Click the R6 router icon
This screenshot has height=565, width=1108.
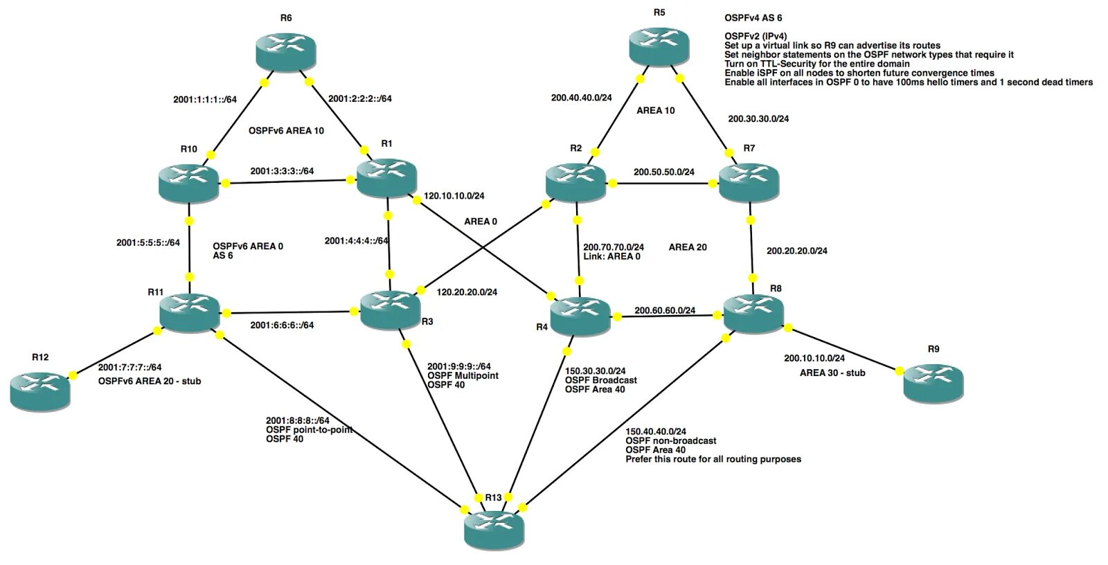(285, 51)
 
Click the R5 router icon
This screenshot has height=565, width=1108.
(659, 46)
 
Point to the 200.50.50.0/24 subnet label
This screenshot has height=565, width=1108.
(663, 172)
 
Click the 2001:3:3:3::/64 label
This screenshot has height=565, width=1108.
(282, 171)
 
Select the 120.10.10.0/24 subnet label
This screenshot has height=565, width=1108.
(454, 196)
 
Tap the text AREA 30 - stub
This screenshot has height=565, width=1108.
(832, 373)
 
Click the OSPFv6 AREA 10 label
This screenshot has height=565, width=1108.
(286, 130)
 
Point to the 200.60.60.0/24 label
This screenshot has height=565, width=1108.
(665, 310)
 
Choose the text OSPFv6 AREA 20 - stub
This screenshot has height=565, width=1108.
(150, 381)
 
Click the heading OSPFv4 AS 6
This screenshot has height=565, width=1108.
(753, 18)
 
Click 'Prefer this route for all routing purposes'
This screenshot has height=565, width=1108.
(713, 459)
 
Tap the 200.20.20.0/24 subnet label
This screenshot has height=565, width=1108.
(796, 251)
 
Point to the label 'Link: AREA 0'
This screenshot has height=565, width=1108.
(611, 256)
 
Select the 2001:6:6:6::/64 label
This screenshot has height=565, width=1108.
(282, 325)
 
